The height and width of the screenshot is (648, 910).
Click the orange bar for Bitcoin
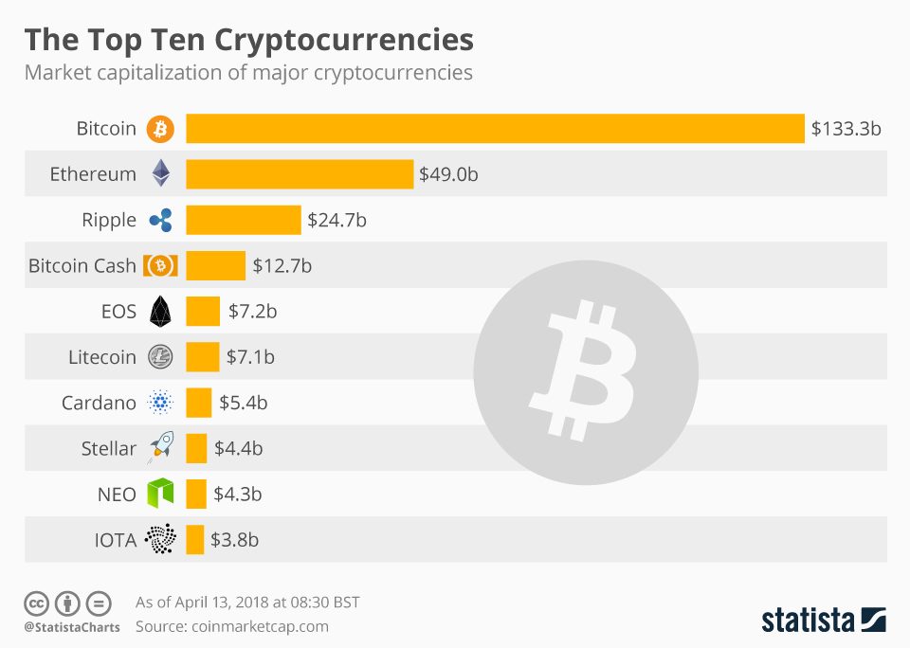pyautogui.click(x=495, y=128)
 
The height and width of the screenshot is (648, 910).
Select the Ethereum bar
pyautogui.click(x=300, y=174)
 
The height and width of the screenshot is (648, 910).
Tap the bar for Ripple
pyautogui.click(x=243, y=220)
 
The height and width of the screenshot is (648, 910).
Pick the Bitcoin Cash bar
pyautogui.click(x=215, y=266)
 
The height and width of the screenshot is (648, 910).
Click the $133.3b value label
pyautogui.click(x=846, y=129)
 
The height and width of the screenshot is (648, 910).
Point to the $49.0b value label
pyautogui.click(x=449, y=174)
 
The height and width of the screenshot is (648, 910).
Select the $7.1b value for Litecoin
pyautogui.click(x=251, y=357)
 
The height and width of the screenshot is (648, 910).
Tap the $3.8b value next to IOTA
pyautogui.click(x=234, y=540)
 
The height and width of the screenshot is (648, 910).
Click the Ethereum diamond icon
pyautogui.click(x=160, y=173)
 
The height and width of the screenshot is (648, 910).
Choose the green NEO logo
pyautogui.click(x=160, y=494)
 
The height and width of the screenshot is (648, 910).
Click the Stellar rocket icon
pyautogui.click(x=160, y=448)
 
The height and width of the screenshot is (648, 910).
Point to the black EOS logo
pyautogui.click(x=160, y=311)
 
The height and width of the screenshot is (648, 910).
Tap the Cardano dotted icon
pyautogui.click(x=160, y=403)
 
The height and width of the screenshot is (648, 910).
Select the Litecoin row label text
pyautogui.click(x=102, y=357)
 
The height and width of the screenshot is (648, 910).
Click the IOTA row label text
pyautogui.click(x=115, y=540)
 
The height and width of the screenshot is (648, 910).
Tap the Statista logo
pyautogui.click(x=823, y=621)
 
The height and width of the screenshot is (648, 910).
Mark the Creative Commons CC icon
pyautogui.click(x=36, y=603)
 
